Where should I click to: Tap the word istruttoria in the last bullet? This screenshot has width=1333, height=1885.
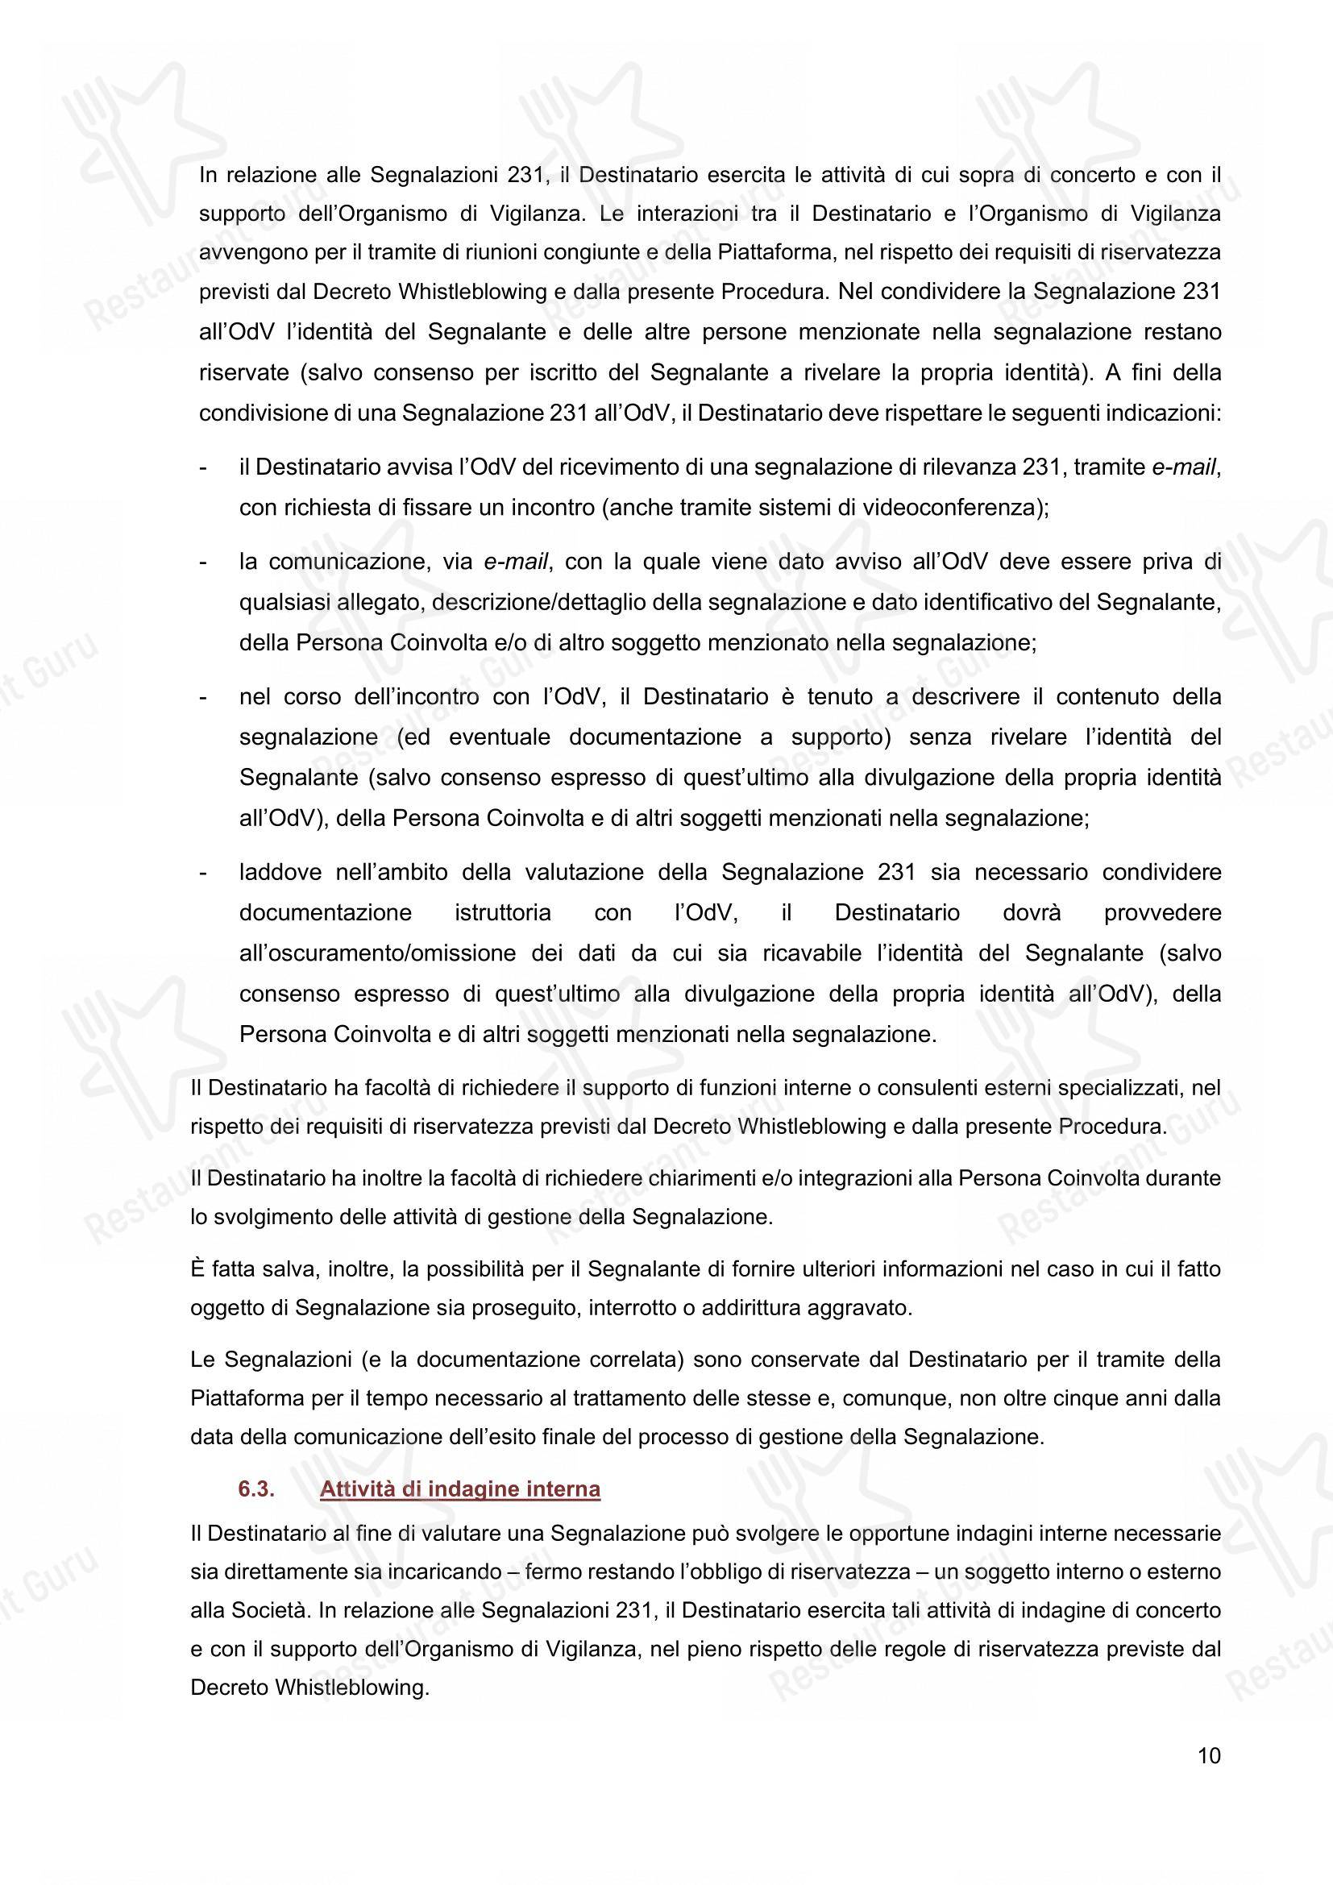point(502,913)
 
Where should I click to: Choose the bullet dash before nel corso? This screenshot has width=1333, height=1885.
point(203,697)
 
